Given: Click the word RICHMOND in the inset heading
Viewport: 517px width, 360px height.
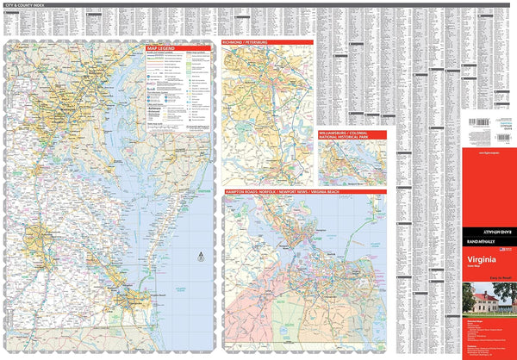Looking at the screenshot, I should coord(234,40).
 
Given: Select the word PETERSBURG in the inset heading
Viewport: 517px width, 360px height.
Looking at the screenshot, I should coord(258,40).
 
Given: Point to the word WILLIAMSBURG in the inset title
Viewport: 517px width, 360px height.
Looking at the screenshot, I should coord(333,131).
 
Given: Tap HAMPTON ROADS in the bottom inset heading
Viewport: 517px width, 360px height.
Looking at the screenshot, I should coord(241,189).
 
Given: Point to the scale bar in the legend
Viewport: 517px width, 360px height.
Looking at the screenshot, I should coord(164,127).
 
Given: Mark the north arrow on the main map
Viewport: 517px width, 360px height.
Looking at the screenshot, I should coord(201,255).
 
